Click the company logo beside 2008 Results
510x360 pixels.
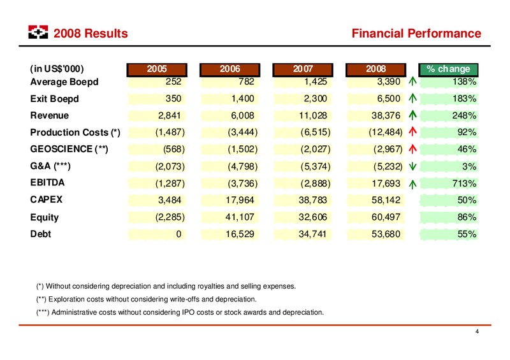(x=38, y=32)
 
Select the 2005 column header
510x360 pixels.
(x=157, y=69)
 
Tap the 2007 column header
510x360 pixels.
(x=302, y=69)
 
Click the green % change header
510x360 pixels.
(x=448, y=69)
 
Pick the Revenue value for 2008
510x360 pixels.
(x=386, y=115)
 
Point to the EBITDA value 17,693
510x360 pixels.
(x=386, y=184)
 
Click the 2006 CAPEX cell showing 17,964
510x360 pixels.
(x=240, y=199)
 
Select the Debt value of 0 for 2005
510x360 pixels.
(x=178, y=234)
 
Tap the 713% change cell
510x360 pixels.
(x=464, y=184)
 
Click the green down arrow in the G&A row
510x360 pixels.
(x=412, y=166)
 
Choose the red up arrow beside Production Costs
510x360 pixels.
(x=412, y=131)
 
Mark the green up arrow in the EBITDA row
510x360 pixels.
(x=412, y=184)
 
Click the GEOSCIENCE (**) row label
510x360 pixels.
(x=69, y=149)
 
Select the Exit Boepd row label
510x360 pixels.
(x=54, y=99)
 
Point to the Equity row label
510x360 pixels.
(x=44, y=217)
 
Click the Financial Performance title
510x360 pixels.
(x=416, y=33)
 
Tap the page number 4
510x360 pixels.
(x=477, y=331)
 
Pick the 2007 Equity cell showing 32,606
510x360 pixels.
(x=313, y=217)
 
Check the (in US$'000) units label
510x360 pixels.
(x=57, y=69)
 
